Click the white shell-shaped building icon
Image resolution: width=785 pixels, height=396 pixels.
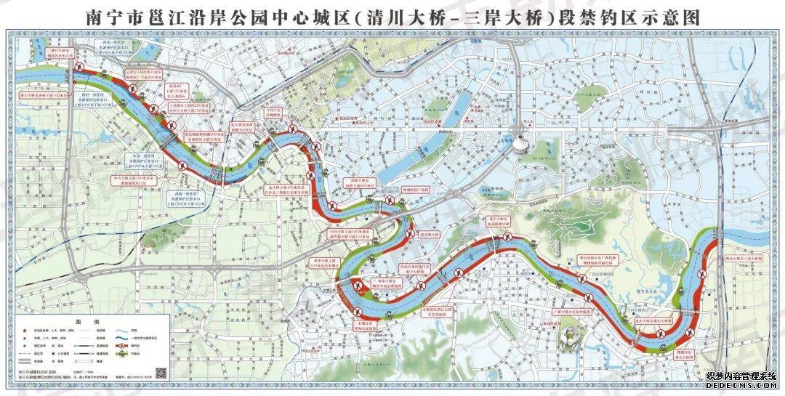pyautogui.click(x=521, y=141)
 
